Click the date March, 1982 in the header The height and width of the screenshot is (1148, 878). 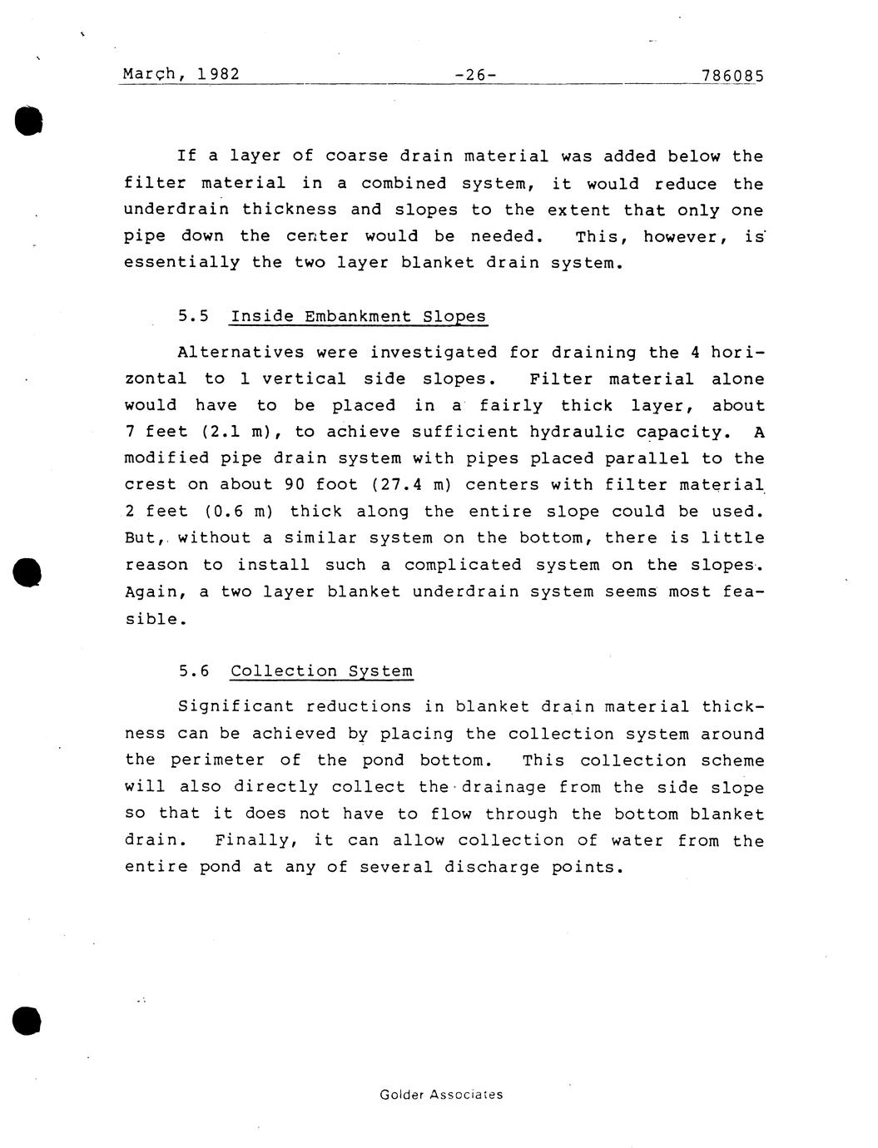pos(181,74)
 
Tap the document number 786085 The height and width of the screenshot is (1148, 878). pos(732,76)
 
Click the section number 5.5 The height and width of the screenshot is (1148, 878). pos(193,316)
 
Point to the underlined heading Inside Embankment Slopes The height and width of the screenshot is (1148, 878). pos(358,316)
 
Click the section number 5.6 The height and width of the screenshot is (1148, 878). pos(193,671)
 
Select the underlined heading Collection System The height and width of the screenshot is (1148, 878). pos(321,671)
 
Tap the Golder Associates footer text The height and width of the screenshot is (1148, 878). pos(441,1095)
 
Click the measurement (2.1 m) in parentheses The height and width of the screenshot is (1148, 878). pos(241,432)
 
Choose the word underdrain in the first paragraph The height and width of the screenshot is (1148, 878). pos(176,210)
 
